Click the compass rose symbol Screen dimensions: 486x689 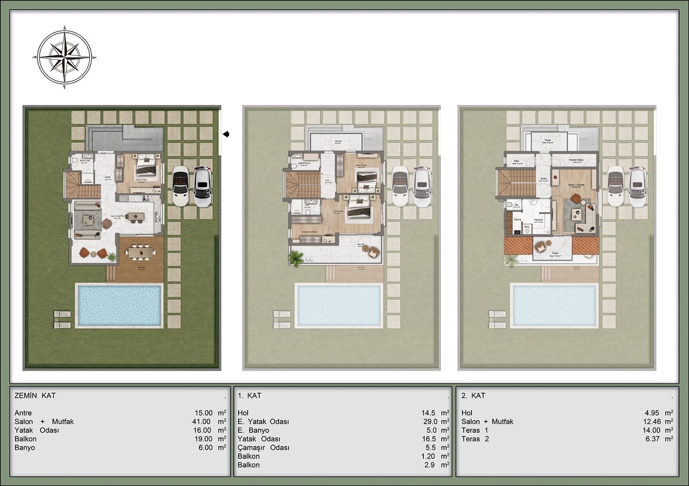64,57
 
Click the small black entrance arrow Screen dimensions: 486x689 226,134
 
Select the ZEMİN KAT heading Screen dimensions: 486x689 35,396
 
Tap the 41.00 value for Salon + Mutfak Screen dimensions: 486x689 202,422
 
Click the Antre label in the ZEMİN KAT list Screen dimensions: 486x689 23,413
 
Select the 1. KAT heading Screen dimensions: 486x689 249,396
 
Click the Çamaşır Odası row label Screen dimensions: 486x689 263,448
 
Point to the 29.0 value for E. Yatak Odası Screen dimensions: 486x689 430,422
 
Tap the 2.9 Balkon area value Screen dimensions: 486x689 429,465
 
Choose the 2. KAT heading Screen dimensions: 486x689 473,396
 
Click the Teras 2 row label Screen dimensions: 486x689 475,439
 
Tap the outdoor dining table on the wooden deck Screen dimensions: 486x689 140,251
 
